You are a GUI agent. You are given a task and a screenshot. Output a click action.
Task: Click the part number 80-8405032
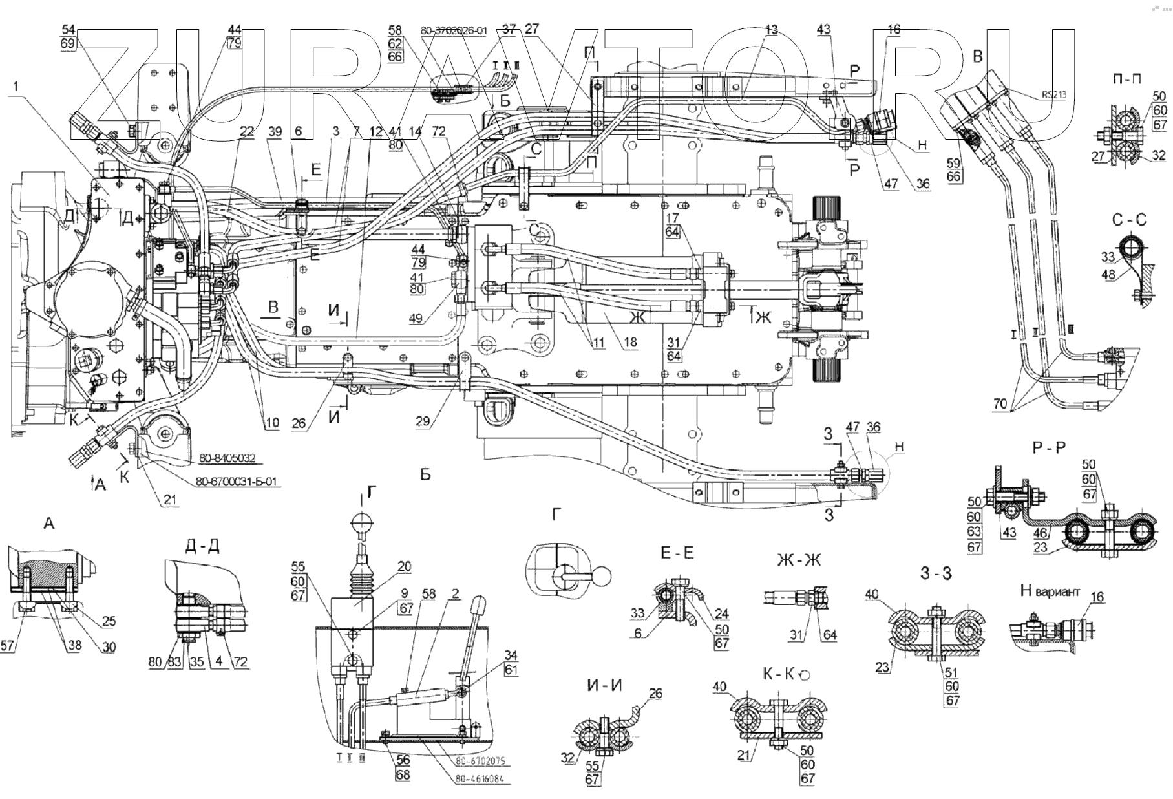[227, 458]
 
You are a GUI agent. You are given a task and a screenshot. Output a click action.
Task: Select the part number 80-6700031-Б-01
[237, 482]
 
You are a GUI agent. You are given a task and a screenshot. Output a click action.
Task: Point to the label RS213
[1053, 94]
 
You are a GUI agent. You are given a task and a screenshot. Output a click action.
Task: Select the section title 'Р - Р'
[1048, 447]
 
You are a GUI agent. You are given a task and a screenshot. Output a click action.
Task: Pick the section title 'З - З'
[936, 572]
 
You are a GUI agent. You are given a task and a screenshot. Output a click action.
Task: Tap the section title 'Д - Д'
[202, 546]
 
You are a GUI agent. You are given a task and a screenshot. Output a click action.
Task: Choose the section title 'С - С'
[1129, 220]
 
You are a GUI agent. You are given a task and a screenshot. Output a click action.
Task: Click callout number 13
[771, 30]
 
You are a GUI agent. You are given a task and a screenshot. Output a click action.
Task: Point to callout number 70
[1000, 405]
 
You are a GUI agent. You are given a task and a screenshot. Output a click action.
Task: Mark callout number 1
[15, 85]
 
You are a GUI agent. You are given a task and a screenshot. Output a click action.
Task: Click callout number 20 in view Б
[404, 567]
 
